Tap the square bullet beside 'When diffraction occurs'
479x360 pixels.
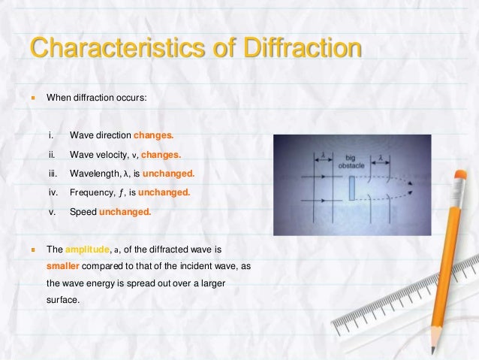point(32,97)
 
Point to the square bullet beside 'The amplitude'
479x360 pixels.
point(32,248)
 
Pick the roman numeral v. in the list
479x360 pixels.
point(52,212)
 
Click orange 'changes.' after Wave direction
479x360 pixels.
point(153,136)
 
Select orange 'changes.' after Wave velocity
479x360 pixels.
point(161,155)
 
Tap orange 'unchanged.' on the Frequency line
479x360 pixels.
point(164,192)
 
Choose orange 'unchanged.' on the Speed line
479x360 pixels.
point(125,212)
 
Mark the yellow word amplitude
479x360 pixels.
point(87,248)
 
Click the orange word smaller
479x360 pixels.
point(65,266)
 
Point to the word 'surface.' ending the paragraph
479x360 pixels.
point(62,302)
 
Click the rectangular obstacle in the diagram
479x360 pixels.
point(351,188)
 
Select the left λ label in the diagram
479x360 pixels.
point(322,156)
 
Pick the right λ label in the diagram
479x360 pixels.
point(382,157)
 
